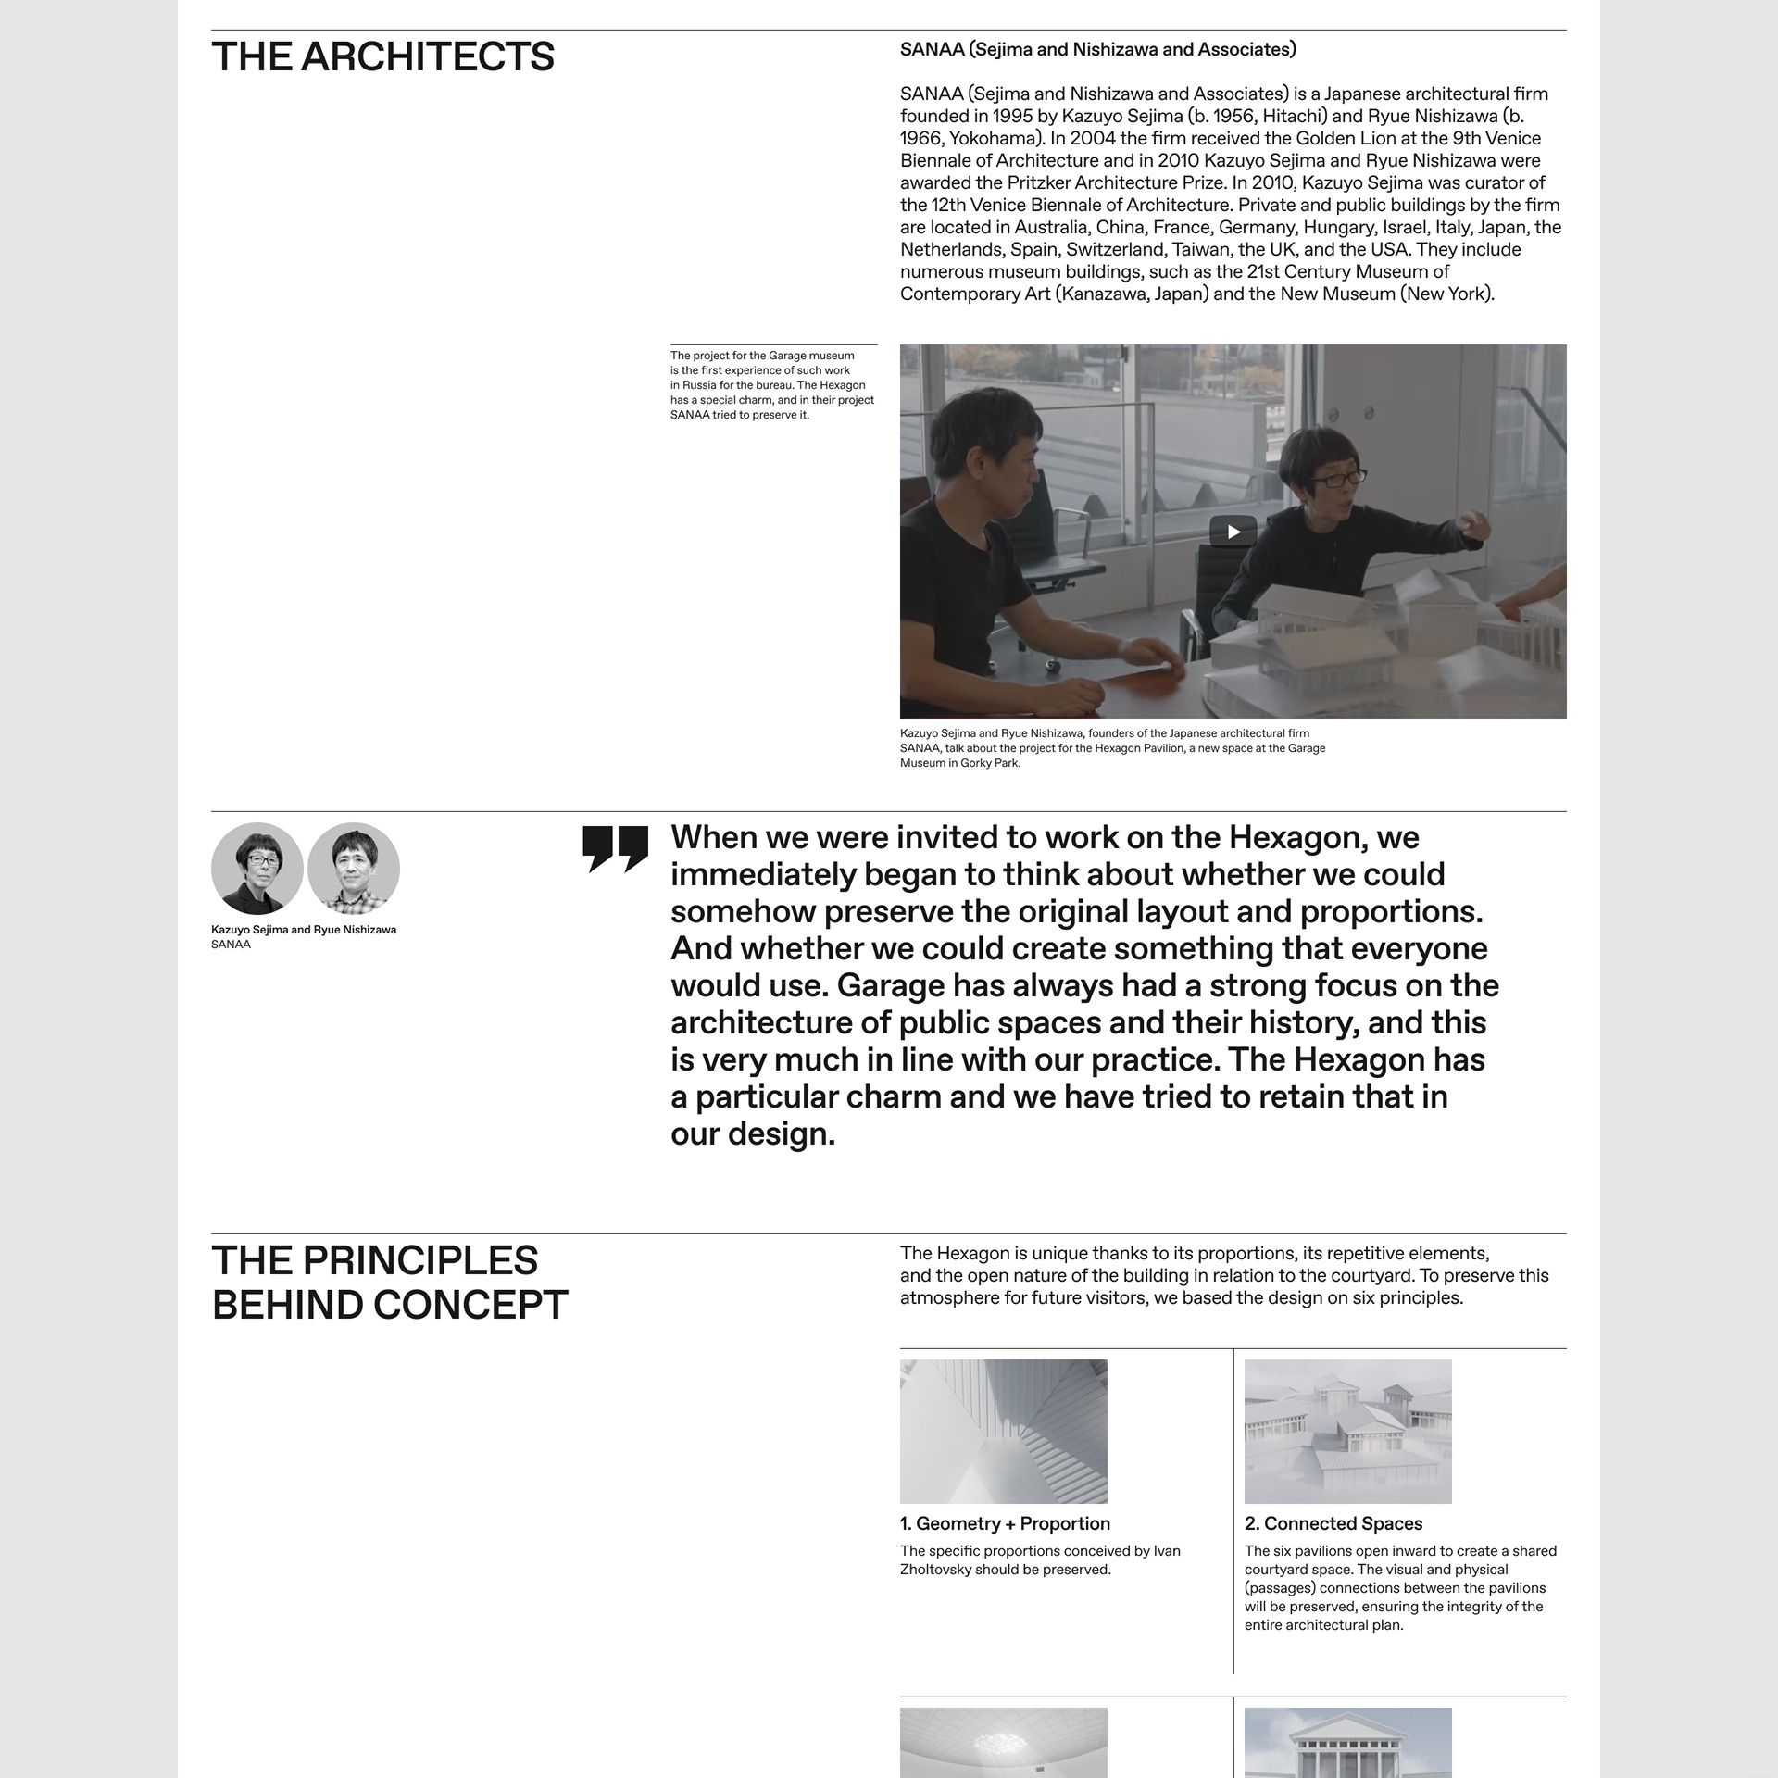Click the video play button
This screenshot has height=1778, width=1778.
point(1233,532)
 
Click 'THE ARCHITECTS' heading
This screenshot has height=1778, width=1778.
point(382,57)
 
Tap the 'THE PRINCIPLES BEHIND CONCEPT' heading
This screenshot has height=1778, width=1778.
point(389,1283)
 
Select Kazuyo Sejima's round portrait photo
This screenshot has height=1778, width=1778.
point(257,869)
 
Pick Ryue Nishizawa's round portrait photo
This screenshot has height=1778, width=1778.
point(354,869)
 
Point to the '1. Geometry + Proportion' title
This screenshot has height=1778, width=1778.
point(1005,1524)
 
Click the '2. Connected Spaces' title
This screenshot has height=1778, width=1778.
point(1333,1524)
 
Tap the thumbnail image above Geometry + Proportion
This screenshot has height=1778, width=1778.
point(1003,1431)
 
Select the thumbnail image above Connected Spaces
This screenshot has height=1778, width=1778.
point(1347,1431)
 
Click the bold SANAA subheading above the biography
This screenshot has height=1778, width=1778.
point(1097,50)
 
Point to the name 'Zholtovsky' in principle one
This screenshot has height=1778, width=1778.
point(935,1570)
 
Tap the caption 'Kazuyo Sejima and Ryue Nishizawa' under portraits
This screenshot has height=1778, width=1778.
point(304,930)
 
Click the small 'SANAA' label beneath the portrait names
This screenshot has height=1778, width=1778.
point(231,945)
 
